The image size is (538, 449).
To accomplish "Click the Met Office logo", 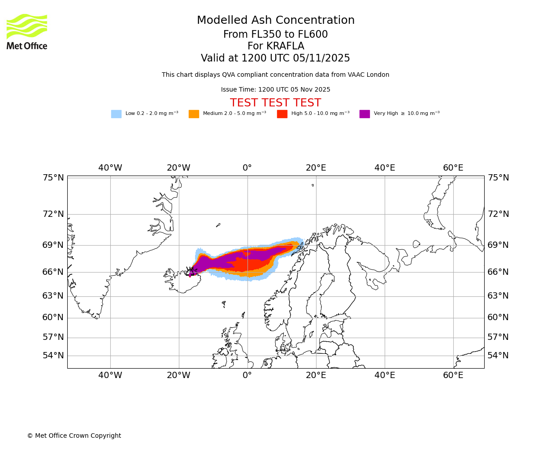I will coord(27,31).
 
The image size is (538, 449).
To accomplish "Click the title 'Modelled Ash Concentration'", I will coord(275,21).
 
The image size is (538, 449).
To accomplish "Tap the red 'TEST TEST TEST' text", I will coord(275,103).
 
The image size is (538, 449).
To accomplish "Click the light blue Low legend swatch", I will coord(116,114).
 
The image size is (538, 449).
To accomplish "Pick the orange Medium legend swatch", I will coord(194,114).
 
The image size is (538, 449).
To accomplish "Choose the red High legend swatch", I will coord(282,114).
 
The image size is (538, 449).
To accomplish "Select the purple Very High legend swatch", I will coord(364,114).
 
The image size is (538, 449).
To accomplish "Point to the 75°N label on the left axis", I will coord(53,178).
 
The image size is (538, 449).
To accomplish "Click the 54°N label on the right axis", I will coord(498,356).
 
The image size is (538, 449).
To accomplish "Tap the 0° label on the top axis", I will coord(247,168).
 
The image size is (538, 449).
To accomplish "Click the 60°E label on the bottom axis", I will coord(453,375).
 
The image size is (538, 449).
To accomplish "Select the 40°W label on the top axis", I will coord(110,168).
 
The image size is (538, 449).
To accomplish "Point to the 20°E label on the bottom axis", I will coord(316,375).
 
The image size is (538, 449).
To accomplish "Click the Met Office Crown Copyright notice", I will coord(74,436).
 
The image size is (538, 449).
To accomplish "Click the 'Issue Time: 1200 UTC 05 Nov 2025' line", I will coord(275,89).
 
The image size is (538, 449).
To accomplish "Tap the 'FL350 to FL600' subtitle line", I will coord(275,35).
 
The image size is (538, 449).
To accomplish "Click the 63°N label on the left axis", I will coord(53,296).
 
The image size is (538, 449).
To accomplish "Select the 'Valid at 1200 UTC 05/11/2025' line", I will coord(275,58).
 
